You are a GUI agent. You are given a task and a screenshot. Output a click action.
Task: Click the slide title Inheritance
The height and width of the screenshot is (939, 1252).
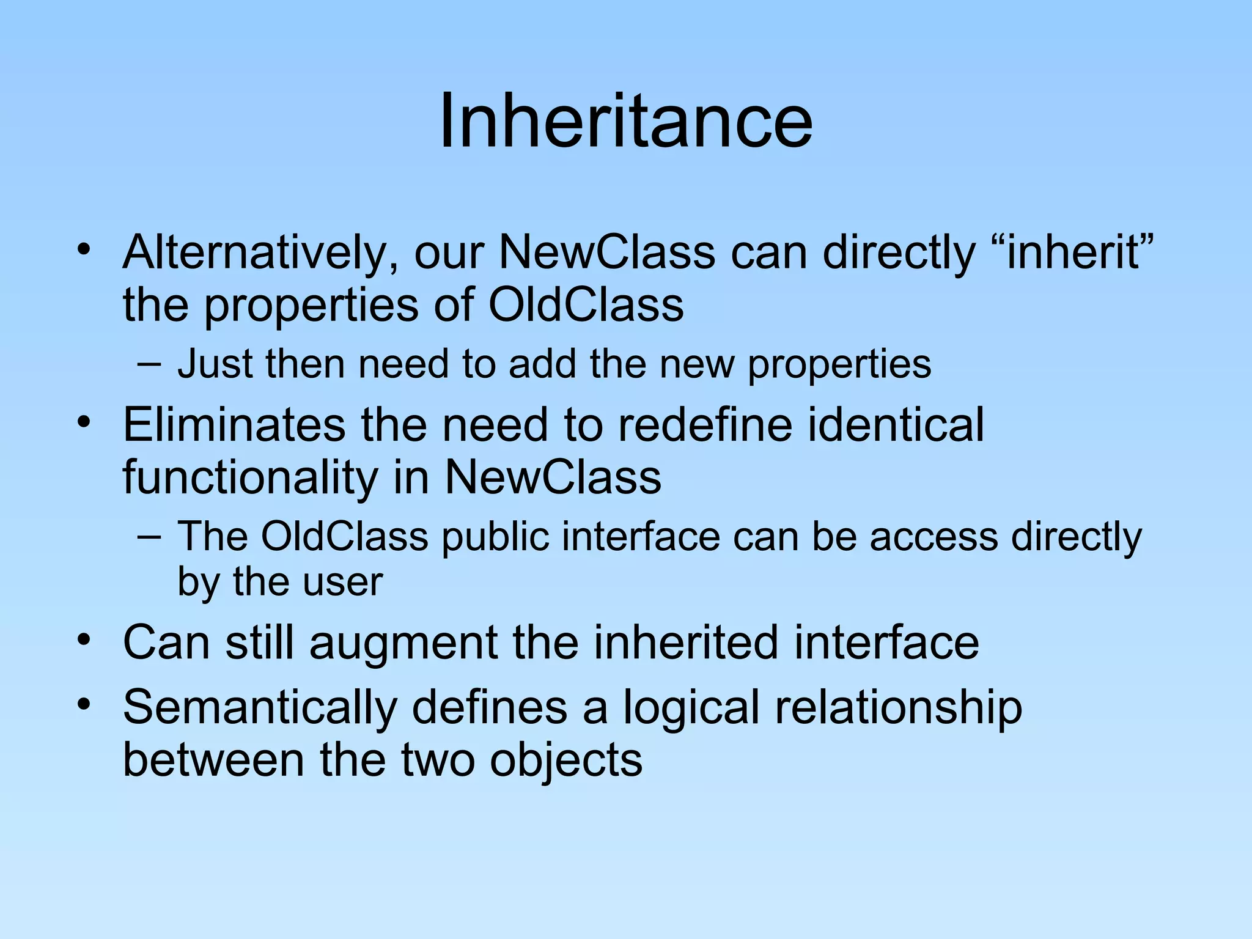click(626, 120)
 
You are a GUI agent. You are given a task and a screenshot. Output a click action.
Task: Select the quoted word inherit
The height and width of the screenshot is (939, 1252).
click(1073, 252)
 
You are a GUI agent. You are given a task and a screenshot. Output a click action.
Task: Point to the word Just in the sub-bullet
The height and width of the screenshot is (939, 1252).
click(214, 364)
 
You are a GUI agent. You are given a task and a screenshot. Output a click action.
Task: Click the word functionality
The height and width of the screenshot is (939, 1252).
click(250, 478)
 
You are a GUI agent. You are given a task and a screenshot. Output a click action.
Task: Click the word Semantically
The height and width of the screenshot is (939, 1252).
click(260, 708)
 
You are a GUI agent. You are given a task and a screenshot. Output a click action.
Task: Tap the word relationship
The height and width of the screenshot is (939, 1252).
click(898, 708)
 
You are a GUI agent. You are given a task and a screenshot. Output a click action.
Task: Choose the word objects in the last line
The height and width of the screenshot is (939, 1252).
click(566, 760)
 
